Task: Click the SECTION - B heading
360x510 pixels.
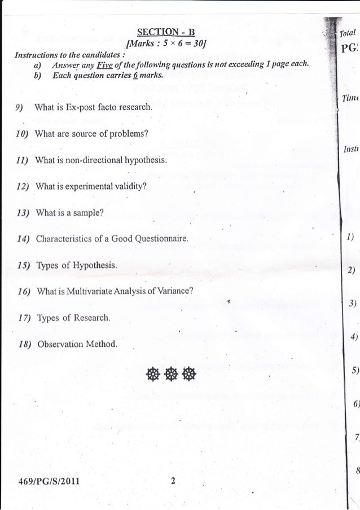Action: tap(166, 32)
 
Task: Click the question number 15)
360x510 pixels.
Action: tap(23, 265)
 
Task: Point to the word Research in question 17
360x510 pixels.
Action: tap(92, 318)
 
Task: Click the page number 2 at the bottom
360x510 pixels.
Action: tap(173, 481)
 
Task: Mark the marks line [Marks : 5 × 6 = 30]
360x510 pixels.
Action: tap(166, 43)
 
